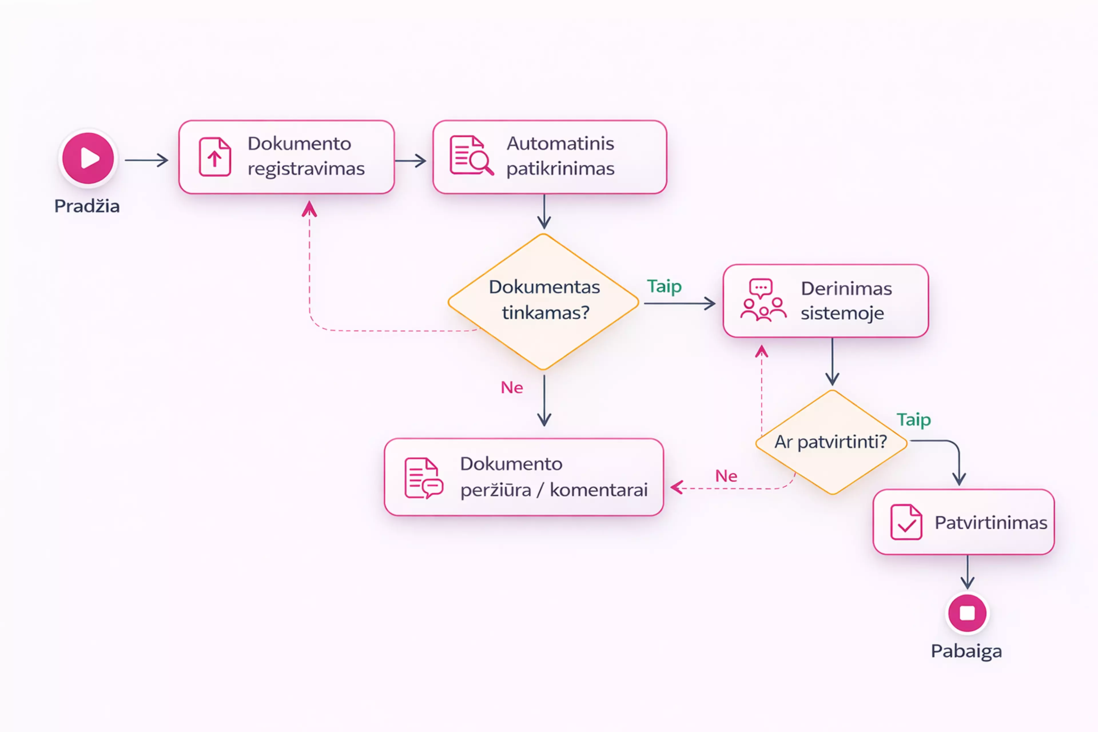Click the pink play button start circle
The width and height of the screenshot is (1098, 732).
pyautogui.click(x=88, y=158)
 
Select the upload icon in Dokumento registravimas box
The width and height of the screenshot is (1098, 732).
pyautogui.click(x=215, y=157)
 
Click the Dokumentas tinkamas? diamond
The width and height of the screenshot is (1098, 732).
pyautogui.click(x=543, y=302)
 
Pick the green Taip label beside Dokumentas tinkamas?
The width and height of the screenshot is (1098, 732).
pyautogui.click(x=664, y=286)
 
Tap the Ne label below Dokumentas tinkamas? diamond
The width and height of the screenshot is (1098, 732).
pyautogui.click(x=512, y=387)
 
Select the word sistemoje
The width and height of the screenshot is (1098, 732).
pyautogui.click(x=842, y=313)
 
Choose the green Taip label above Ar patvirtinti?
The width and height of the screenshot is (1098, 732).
pyautogui.click(x=914, y=420)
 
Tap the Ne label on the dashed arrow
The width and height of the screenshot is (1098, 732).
pyautogui.click(x=726, y=476)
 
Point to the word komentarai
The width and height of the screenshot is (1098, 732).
pyautogui.click(x=598, y=490)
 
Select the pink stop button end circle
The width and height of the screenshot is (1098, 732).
pyautogui.click(x=967, y=613)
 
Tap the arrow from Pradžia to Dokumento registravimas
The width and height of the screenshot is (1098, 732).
pyautogui.click(x=146, y=160)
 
